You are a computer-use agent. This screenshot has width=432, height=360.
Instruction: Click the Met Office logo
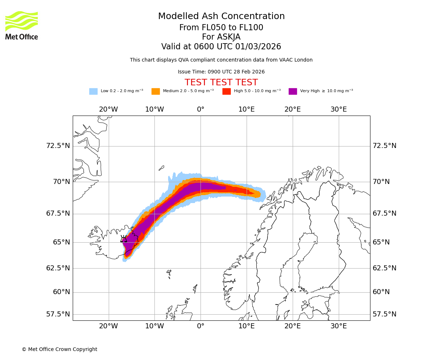click(21, 25)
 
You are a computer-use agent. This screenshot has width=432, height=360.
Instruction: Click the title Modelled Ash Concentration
click(221, 17)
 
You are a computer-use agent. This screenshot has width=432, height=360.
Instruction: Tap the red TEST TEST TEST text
click(221, 82)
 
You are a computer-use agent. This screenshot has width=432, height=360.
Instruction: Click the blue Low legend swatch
click(93, 91)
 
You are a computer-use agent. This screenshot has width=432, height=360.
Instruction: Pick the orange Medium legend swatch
click(156, 91)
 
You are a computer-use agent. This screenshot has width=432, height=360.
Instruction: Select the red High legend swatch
click(226, 91)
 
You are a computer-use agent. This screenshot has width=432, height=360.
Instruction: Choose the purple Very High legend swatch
click(293, 91)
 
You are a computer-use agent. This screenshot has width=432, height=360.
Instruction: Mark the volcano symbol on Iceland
click(123, 239)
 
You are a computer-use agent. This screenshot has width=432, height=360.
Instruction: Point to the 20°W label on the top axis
click(108, 109)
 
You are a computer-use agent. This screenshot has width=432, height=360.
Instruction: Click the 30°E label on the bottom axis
click(338, 326)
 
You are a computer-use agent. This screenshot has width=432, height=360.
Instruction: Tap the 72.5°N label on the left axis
click(58, 146)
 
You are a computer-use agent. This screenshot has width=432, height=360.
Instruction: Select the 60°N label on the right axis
click(381, 292)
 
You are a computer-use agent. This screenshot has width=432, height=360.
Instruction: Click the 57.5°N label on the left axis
click(58, 314)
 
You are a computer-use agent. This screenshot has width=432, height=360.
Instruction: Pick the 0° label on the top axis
click(201, 109)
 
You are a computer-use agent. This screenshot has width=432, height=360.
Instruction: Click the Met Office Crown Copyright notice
click(59, 349)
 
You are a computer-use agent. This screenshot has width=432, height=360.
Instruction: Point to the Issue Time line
click(221, 72)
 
